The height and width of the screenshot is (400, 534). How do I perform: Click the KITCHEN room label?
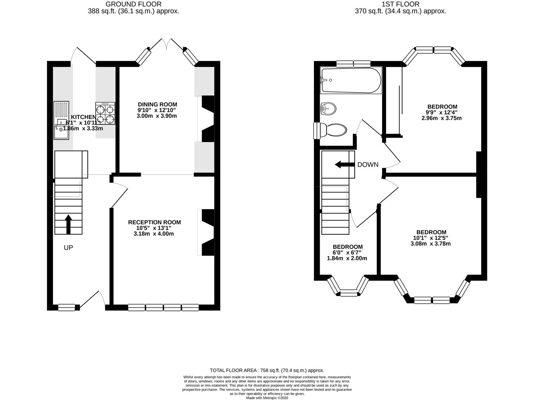[x=83, y=117]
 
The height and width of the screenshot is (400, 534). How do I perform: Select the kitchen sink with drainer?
[x=62, y=120]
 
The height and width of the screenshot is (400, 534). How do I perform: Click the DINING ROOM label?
[x=157, y=104]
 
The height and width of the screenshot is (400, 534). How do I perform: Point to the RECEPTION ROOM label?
[x=155, y=222]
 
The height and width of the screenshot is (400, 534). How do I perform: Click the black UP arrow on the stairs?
[x=68, y=224]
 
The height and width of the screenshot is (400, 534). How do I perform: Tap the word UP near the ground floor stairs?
[x=68, y=248]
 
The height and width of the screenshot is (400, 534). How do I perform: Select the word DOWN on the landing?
[x=368, y=165]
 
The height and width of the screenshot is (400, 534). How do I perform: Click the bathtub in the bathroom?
[x=351, y=80]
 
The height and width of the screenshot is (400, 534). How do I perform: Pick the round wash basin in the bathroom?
[x=328, y=109]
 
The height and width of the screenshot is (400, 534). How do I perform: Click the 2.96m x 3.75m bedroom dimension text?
[x=441, y=119]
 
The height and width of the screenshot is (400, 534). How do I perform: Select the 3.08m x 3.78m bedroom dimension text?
[x=430, y=244]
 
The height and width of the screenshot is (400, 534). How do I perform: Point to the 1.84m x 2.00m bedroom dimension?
[x=347, y=258]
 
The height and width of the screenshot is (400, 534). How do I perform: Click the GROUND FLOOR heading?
[x=133, y=4]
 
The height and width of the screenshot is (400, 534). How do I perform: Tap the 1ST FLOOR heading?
[x=400, y=4]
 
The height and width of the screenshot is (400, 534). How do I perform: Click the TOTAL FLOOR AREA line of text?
[x=267, y=370]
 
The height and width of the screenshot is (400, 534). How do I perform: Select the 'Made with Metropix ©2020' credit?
[x=267, y=398]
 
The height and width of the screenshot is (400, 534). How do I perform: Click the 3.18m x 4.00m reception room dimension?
[x=154, y=234]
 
